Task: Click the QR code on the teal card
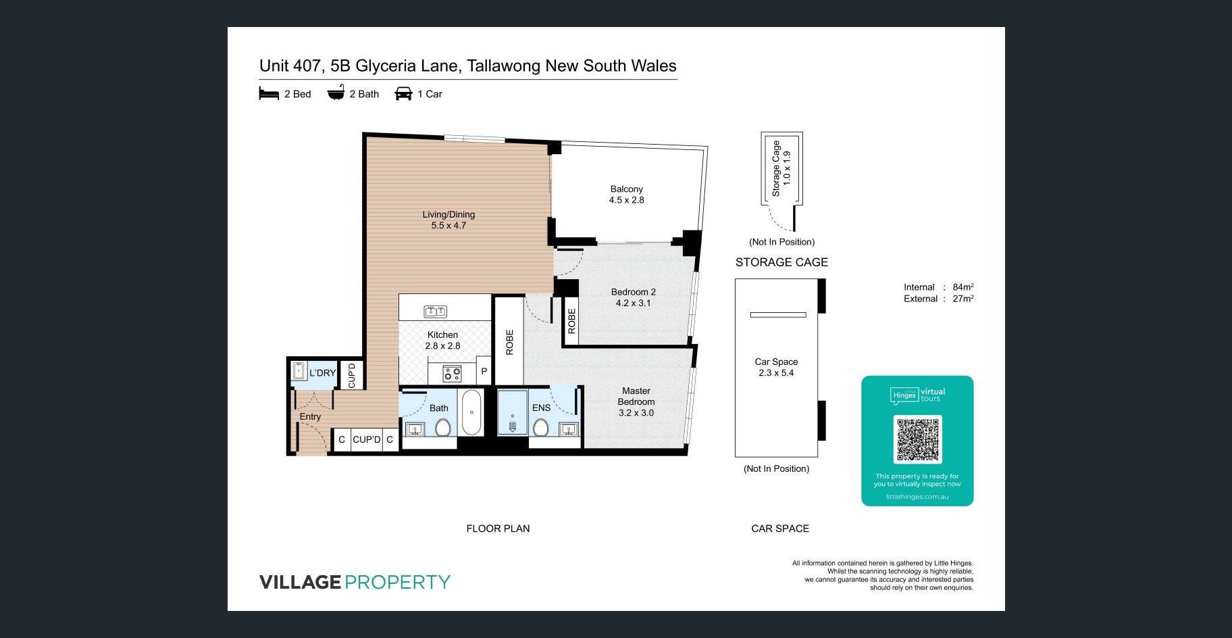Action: click(x=917, y=439)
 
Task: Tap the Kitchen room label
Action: click(x=442, y=335)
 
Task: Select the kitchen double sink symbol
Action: click(x=435, y=312)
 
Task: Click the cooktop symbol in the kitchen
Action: click(x=452, y=373)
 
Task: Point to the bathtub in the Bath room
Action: click(x=471, y=412)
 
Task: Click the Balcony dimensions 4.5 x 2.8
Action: click(x=627, y=200)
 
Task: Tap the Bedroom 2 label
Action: click(x=634, y=292)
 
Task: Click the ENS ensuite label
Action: click(x=541, y=408)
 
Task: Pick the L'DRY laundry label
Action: click(x=322, y=373)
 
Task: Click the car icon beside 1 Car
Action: click(x=403, y=93)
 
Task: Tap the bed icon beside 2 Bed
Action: click(x=269, y=93)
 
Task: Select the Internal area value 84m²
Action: click(x=963, y=287)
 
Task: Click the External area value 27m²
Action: click(x=963, y=299)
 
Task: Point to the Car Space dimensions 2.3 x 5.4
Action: click(x=776, y=373)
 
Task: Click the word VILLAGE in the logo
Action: click(x=300, y=582)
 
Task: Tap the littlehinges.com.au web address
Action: click(x=917, y=497)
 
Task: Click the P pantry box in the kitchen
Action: click(x=484, y=371)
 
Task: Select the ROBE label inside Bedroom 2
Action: click(x=571, y=321)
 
